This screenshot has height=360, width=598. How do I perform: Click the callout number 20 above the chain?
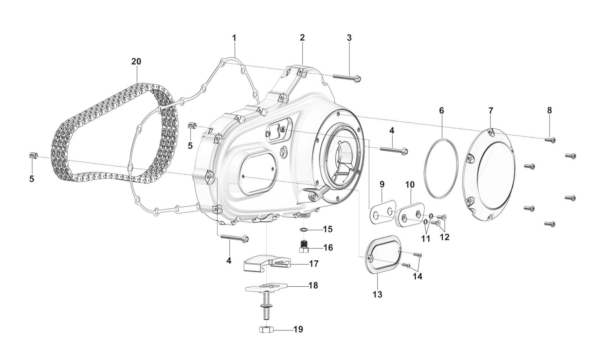point(136,62)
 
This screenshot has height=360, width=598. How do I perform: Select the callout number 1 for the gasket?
point(234,38)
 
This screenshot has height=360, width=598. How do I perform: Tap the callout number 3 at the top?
point(349,38)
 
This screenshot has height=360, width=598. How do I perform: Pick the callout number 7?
point(491,111)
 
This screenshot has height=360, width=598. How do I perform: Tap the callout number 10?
point(410,185)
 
